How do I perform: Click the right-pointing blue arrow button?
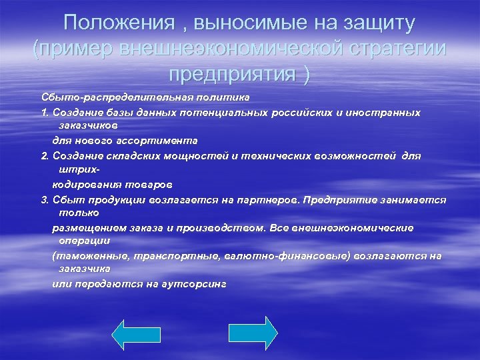(x=253, y=333)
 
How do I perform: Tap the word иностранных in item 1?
(x=383, y=112)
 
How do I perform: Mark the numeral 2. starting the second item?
(x=45, y=155)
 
